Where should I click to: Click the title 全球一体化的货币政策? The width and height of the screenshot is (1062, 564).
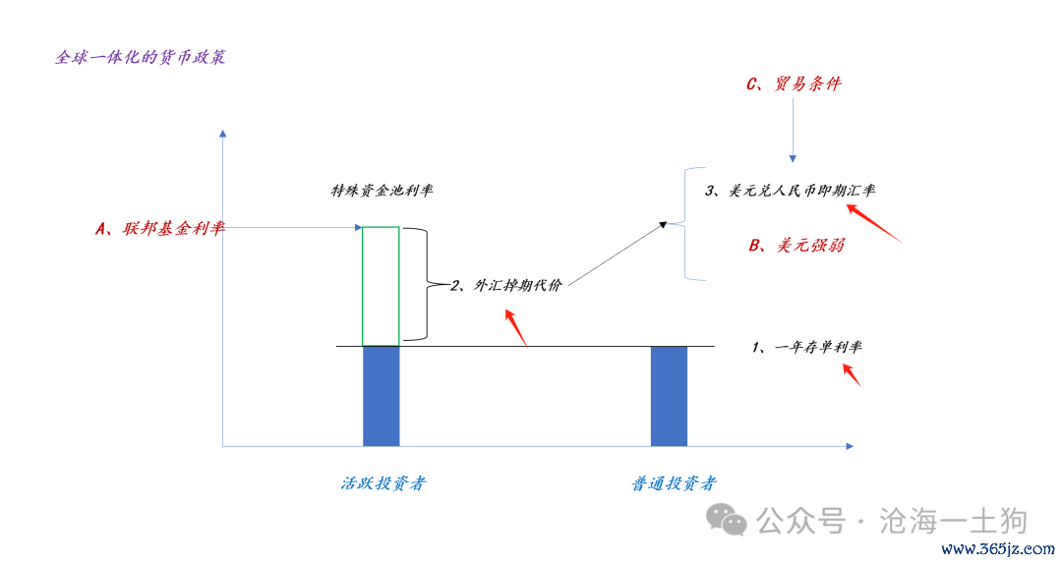point(141,57)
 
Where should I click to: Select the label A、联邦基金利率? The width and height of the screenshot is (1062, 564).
point(160,229)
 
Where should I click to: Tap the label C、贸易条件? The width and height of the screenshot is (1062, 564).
point(794,84)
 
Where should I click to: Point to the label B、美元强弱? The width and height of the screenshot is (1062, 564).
point(796,245)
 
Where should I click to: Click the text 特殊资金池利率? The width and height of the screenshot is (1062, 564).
point(382,191)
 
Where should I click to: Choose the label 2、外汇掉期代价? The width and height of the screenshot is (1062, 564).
point(506,285)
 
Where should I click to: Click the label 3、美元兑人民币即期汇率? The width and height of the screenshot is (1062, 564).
point(790,191)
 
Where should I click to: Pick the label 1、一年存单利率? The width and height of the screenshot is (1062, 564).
point(806,347)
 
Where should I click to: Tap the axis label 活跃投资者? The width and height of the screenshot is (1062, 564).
point(383,483)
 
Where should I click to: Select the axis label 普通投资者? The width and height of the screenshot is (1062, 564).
point(674,483)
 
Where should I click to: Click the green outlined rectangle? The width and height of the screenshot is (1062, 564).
point(381,228)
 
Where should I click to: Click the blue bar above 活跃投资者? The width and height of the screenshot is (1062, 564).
point(382,396)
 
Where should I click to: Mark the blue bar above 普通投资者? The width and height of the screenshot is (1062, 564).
point(670,396)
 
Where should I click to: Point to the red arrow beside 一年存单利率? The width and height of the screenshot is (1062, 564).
point(852,375)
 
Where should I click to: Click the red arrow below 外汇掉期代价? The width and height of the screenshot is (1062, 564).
point(516,328)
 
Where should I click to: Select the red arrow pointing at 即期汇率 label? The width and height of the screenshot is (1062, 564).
point(874,223)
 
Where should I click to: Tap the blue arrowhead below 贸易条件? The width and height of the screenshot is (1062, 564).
point(793,159)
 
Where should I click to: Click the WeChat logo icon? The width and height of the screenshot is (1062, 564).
point(726,520)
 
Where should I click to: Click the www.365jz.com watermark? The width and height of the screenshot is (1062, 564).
point(997,549)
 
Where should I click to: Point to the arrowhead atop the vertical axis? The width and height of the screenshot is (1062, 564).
point(223,134)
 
